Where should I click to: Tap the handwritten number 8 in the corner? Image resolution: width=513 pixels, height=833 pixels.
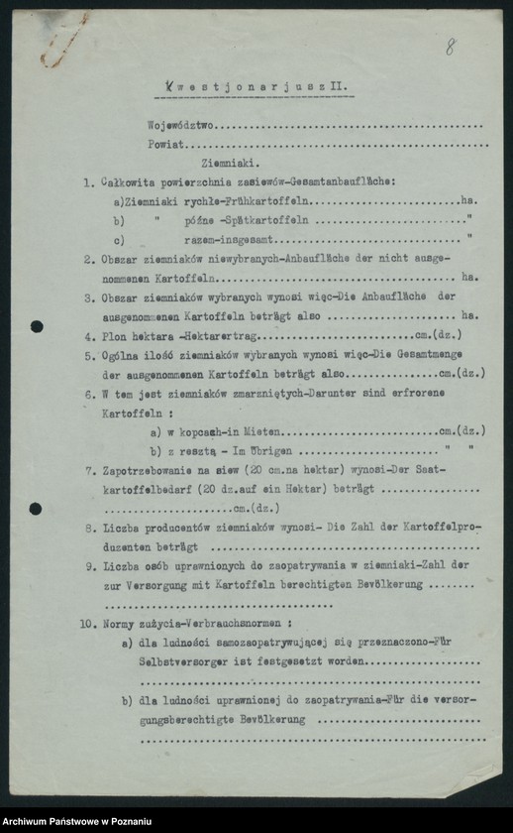tap(451, 47)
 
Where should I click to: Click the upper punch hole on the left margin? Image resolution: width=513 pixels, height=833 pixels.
tap(37, 326)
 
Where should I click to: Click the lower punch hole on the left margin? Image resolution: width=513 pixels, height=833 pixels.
tap(36, 509)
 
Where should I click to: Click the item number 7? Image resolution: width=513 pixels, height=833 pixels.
tap(89, 471)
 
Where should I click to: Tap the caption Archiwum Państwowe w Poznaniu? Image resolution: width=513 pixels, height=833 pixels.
tap(77, 821)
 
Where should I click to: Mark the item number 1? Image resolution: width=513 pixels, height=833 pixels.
tap(88, 181)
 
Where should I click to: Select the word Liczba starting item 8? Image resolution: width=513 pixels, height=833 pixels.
tap(122, 529)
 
